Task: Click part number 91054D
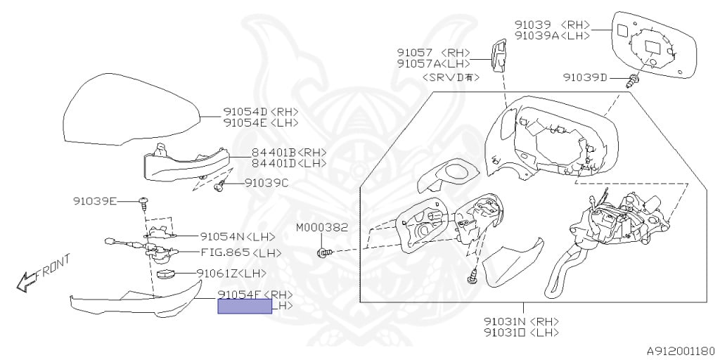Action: [x=245, y=112]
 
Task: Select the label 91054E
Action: [x=245, y=122]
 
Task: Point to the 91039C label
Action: [x=266, y=183]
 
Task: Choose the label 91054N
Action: [x=222, y=237]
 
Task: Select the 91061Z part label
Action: [x=221, y=273]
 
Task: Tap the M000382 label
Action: [x=321, y=228]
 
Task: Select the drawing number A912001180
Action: [x=680, y=349]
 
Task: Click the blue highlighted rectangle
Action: [x=244, y=306]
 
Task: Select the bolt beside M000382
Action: [x=323, y=252]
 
